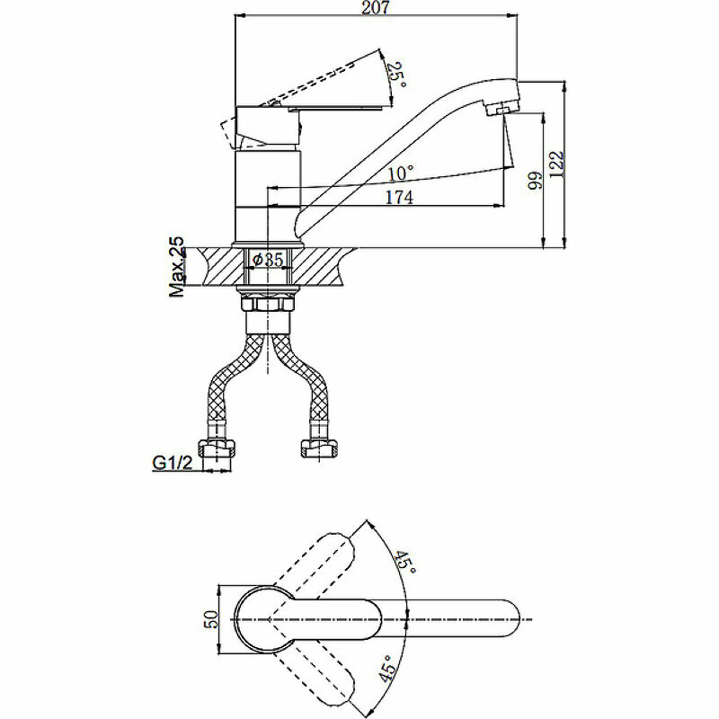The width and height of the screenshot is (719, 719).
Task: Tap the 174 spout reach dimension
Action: pyautogui.click(x=398, y=198)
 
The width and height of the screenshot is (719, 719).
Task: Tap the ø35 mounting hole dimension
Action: pyautogui.click(x=267, y=259)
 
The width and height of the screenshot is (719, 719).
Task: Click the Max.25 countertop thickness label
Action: pyautogui.click(x=177, y=266)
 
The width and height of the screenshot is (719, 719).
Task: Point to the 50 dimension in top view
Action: pyautogui.click(x=211, y=619)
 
